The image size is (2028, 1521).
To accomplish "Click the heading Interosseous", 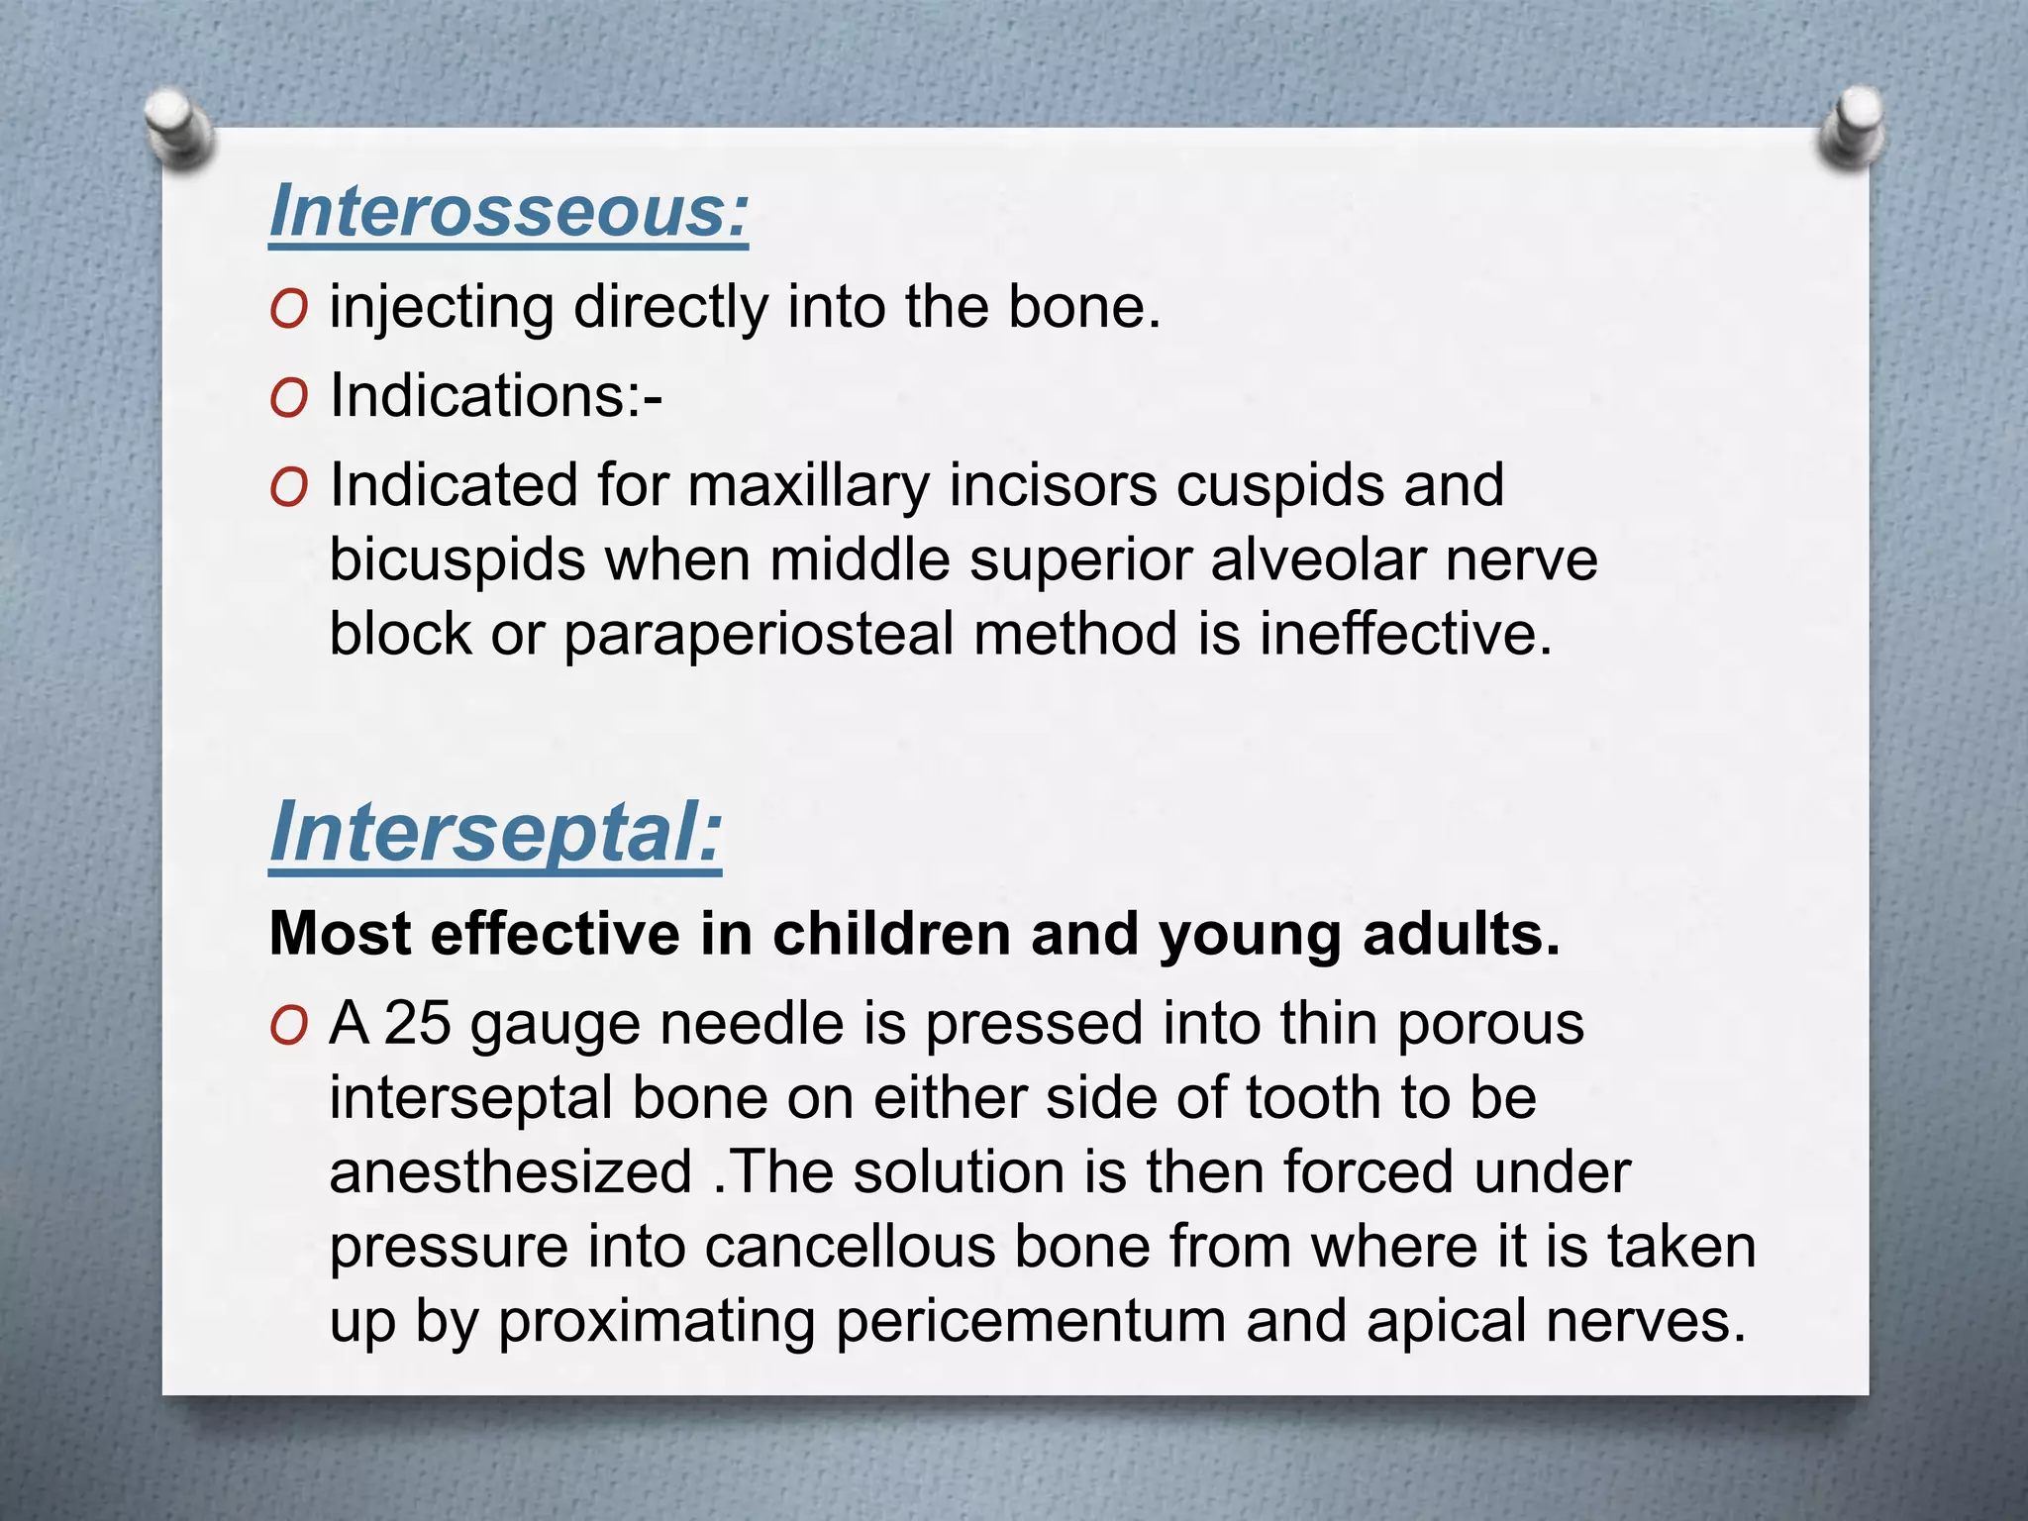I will (x=508, y=211).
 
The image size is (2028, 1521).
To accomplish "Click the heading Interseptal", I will (x=495, y=833).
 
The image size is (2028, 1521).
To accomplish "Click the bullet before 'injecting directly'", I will (x=288, y=310).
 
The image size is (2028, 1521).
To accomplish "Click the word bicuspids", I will (x=456, y=560).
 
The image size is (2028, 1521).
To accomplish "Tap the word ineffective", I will (x=1405, y=634).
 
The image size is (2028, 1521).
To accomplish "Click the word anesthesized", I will (x=510, y=1172).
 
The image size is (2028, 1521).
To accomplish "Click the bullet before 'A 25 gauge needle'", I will (x=288, y=1027).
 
